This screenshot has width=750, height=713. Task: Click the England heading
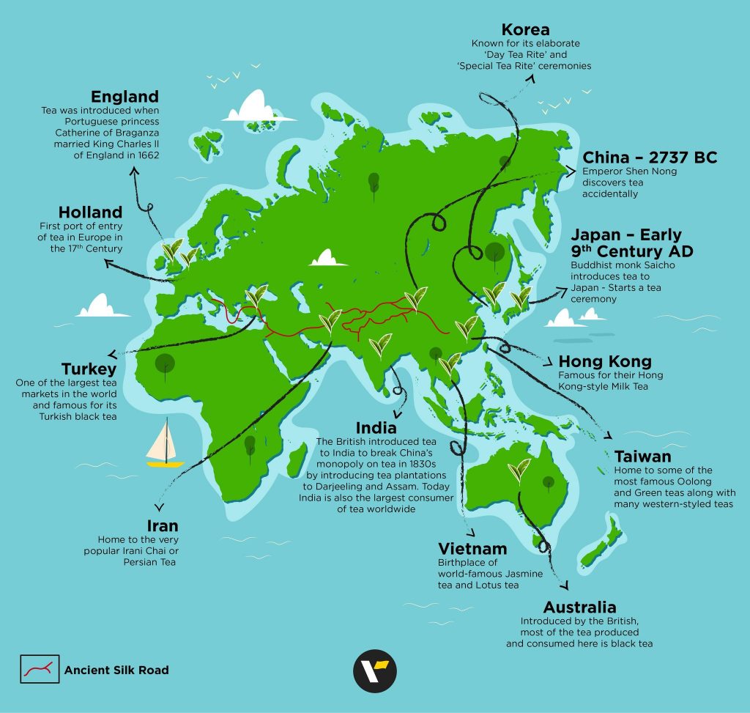coord(125,97)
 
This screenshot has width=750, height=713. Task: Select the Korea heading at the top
coord(526,30)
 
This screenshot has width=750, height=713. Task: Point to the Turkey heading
coord(89,368)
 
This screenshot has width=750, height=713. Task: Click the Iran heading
coord(162,526)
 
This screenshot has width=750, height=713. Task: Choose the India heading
coord(376,427)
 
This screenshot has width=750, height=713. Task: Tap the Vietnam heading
coord(472,549)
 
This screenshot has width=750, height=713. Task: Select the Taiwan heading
coord(643,456)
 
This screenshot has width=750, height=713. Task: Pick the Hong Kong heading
coord(605,362)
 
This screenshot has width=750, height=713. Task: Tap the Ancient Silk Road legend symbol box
coord(39,669)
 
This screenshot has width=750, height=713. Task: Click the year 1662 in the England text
coord(145,155)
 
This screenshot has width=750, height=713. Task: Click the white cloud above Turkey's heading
coord(104,306)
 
